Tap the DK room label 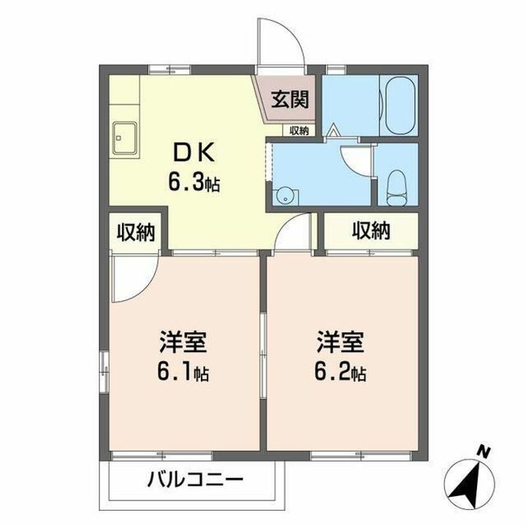(193, 152)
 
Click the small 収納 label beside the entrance (298, 131)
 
